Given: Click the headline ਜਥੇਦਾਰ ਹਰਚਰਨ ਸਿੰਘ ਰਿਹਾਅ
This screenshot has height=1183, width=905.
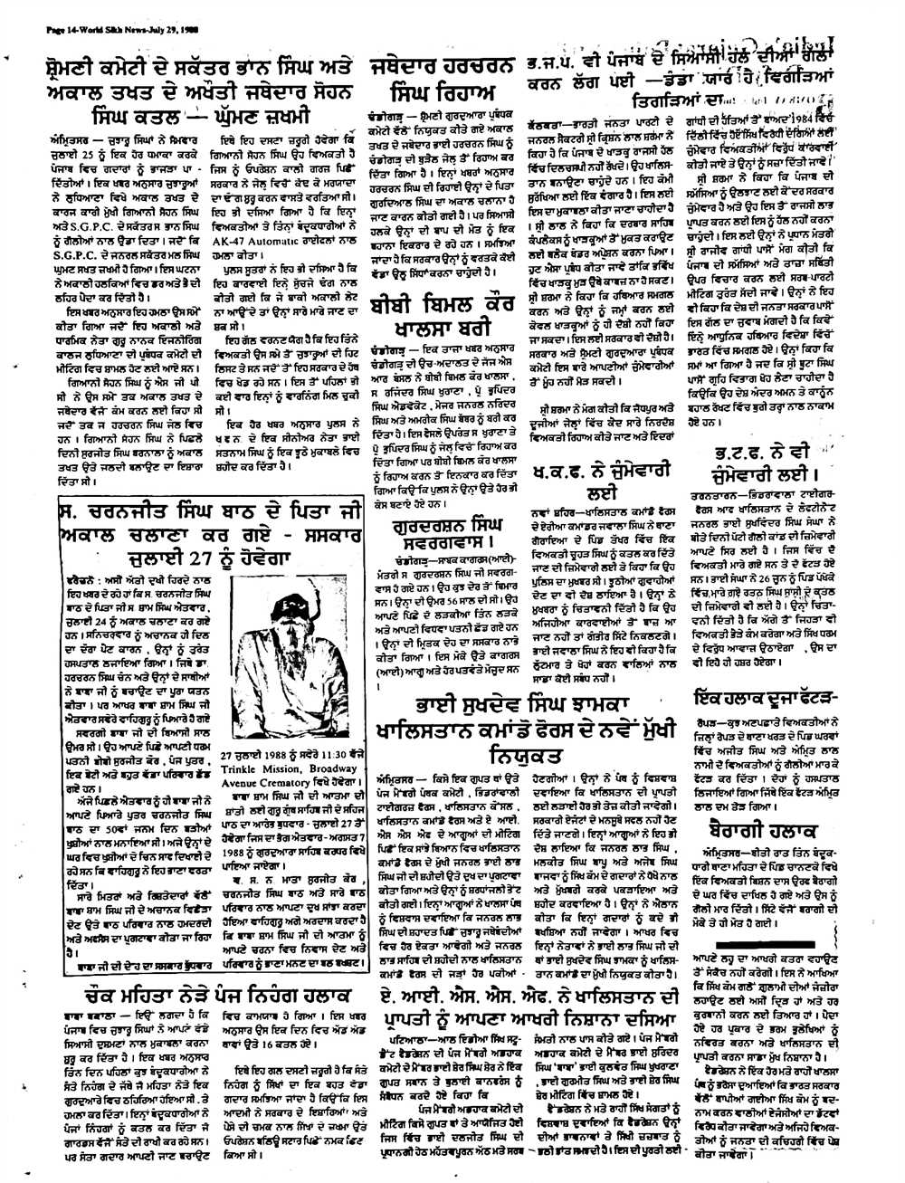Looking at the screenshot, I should pos(433,80).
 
